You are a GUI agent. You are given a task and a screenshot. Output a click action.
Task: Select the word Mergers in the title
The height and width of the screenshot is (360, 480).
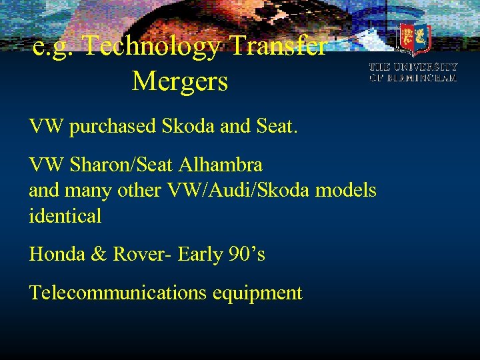tap(180, 82)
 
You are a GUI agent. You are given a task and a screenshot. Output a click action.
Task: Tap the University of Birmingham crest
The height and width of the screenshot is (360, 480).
tap(414, 39)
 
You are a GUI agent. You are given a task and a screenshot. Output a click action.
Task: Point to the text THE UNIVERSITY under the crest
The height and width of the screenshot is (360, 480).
tap(413, 67)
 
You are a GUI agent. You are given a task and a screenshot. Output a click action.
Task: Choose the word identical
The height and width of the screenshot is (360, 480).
tap(65, 215)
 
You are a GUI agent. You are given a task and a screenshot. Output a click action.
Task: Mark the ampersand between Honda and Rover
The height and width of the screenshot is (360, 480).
tap(98, 253)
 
